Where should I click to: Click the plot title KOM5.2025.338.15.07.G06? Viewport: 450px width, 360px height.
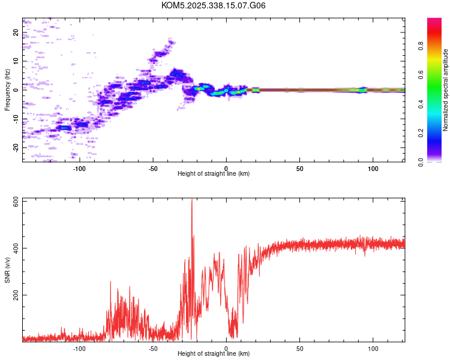pos(214,5)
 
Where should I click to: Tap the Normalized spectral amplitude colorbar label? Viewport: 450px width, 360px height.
pos(446,90)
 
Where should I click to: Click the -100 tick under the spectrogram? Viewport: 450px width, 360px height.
pos(79,167)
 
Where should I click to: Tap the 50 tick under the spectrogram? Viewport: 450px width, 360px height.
pos(299,167)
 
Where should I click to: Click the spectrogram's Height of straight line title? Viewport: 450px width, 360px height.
pos(214,174)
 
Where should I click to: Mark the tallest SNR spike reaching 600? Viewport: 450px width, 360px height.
pos(192,202)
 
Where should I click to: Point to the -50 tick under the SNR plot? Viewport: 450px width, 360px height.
pos(152,348)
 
